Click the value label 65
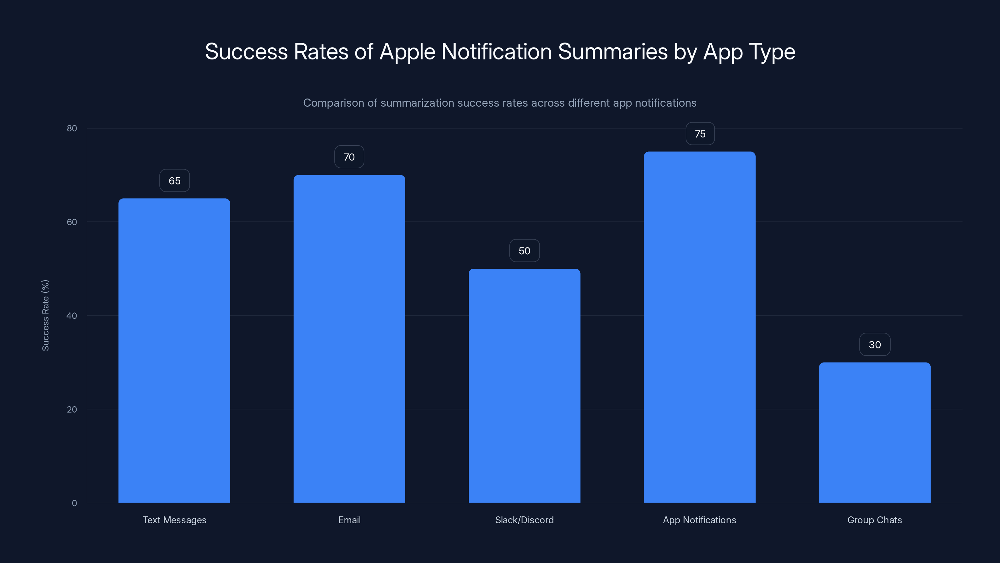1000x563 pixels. point(174,181)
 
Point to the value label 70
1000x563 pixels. point(349,157)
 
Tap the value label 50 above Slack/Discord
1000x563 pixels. point(524,251)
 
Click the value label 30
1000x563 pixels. point(875,345)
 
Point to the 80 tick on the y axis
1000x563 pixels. point(72,128)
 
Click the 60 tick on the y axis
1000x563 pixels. point(72,222)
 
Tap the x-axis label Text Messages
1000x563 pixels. point(174,520)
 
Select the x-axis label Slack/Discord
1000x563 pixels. point(524,520)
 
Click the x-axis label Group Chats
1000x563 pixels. point(874,520)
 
